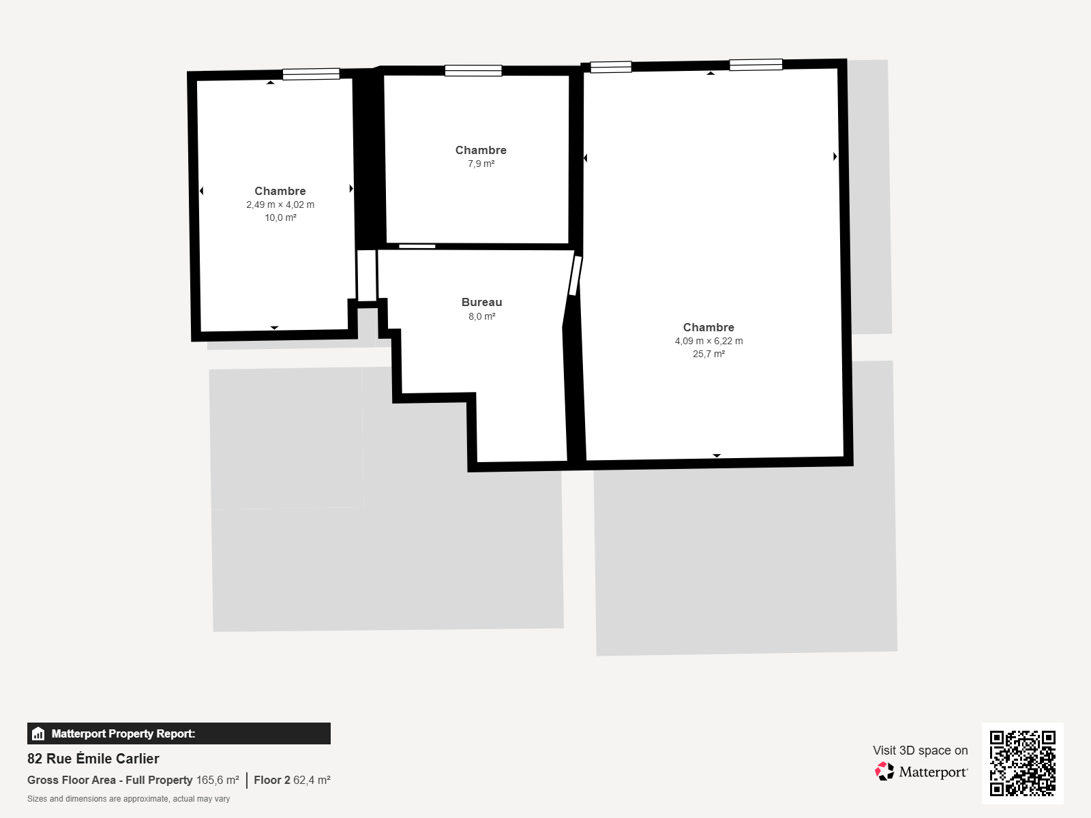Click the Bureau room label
point(481,302)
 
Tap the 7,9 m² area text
point(481,164)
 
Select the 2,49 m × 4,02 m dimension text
point(280,204)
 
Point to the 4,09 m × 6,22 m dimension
point(708,341)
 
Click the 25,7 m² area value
point(708,354)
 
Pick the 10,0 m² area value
point(280,217)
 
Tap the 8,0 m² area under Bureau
point(481,316)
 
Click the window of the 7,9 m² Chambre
point(473,70)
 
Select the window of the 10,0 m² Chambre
point(311,74)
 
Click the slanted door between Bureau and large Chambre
point(575,275)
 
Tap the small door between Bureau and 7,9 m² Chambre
point(417,246)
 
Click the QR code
point(1022,763)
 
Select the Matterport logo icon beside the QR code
point(884,772)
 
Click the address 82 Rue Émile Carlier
point(93,759)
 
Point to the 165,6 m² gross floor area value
point(218,780)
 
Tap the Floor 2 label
point(272,780)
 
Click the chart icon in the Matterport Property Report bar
point(38,733)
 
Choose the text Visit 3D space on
point(921,750)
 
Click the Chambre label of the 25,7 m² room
point(708,327)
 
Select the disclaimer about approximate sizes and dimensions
point(129,799)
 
